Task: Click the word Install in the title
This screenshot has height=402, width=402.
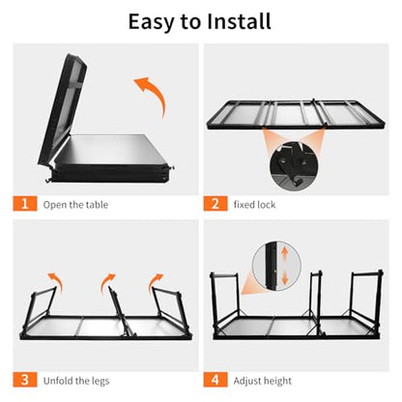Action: click(x=239, y=21)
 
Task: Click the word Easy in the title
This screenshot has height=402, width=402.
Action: click(x=151, y=22)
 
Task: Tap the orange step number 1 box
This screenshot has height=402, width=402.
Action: click(x=25, y=204)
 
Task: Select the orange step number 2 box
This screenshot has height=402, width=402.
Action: click(x=215, y=204)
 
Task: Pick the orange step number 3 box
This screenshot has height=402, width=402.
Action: click(x=25, y=380)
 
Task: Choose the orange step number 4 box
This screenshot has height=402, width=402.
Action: click(x=215, y=380)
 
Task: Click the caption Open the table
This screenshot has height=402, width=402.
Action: click(x=75, y=205)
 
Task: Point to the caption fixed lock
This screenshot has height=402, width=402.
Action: click(x=254, y=205)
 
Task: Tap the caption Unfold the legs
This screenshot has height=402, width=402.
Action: click(x=76, y=381)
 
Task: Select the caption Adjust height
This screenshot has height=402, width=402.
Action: click(x=263, y=381)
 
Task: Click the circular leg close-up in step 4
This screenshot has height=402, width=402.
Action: click(x=277, y=266)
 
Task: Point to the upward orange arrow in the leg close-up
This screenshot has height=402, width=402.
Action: click(x=284, y=253)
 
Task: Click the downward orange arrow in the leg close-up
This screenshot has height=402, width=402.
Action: click(x=284, y=277)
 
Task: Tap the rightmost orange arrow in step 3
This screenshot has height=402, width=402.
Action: click(x=154, y=281)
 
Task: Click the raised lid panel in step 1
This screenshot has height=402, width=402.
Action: click(x=63, y=108)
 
